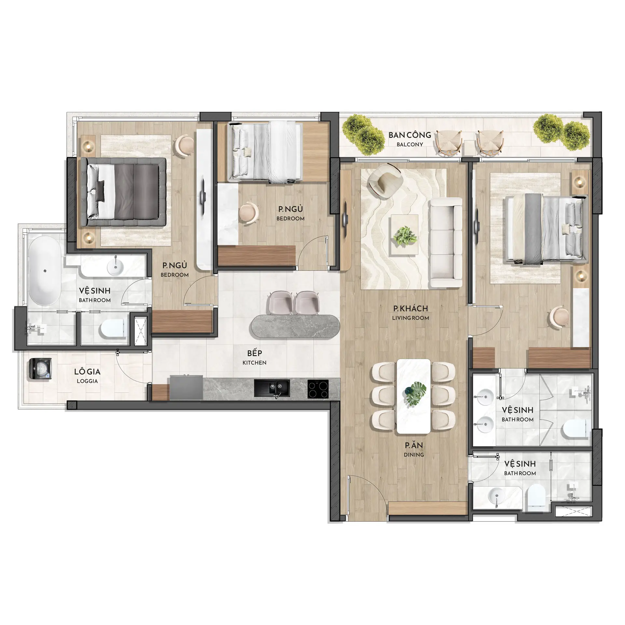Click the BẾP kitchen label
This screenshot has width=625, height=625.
(254, 357)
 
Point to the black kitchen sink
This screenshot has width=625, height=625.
(272, 389)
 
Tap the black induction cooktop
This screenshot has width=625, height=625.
(318, 389)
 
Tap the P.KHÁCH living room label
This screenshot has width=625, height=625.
(410, 312)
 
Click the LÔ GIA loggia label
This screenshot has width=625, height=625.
(87, 376)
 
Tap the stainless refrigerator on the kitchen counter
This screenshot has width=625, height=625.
(186, 388)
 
